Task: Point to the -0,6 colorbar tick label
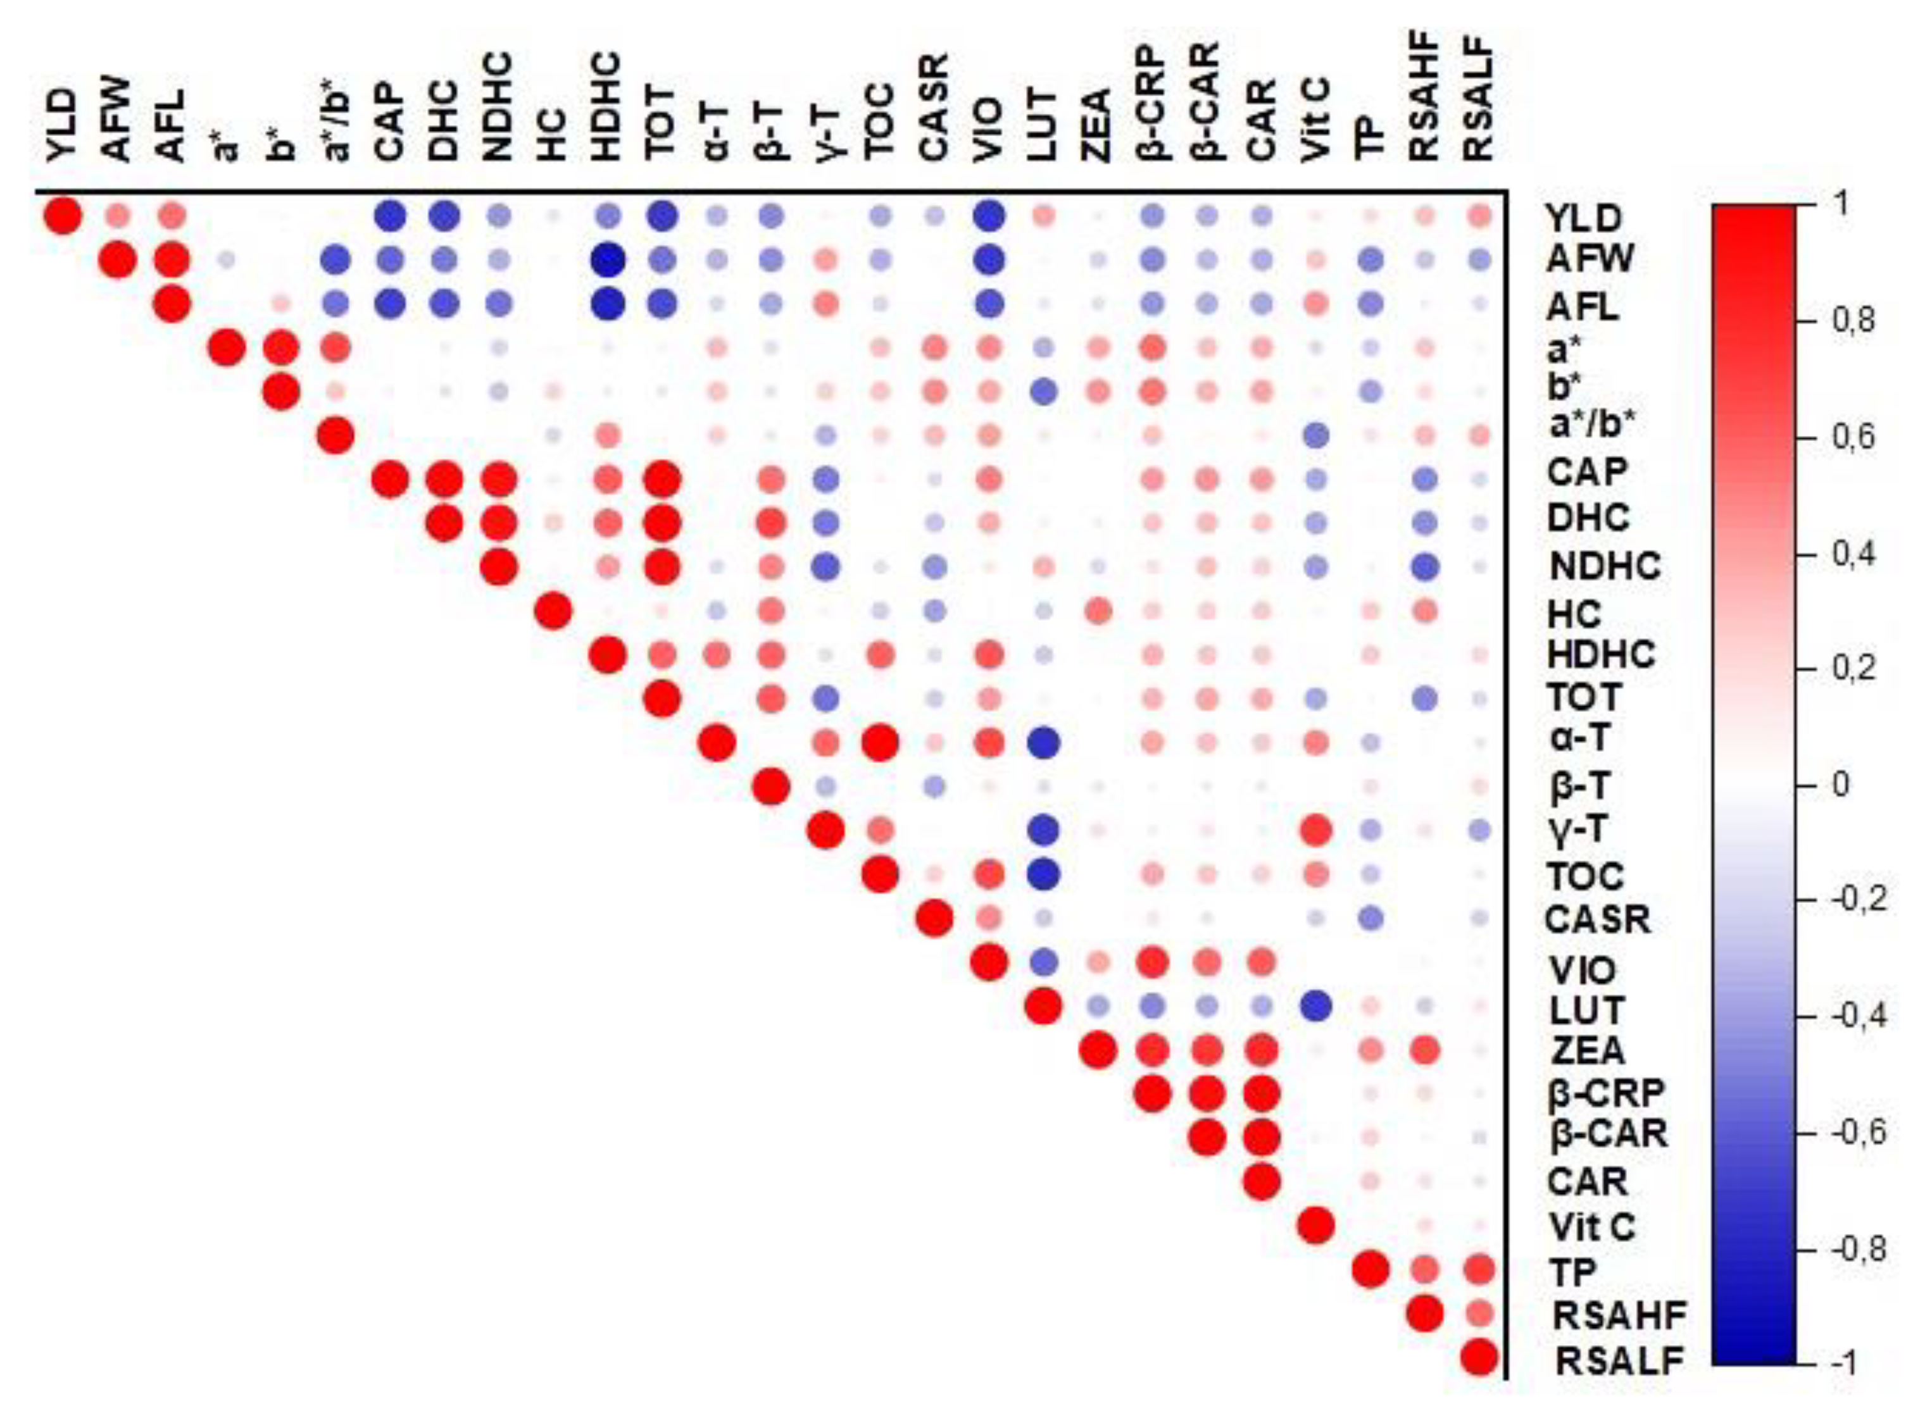(x=1859, y=1133)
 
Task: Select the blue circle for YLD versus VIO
(x=989, y=216)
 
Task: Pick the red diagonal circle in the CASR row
(x=934, y=919)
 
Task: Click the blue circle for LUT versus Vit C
(x=1316, y=1007)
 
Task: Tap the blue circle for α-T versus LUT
(x=1043, y=743)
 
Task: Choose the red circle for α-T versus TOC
(x=880, y=743)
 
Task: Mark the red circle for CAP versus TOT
(x=662, y=481)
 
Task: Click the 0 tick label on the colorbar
(x=1838, y=783)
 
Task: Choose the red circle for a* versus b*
(x=281, y=347)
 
